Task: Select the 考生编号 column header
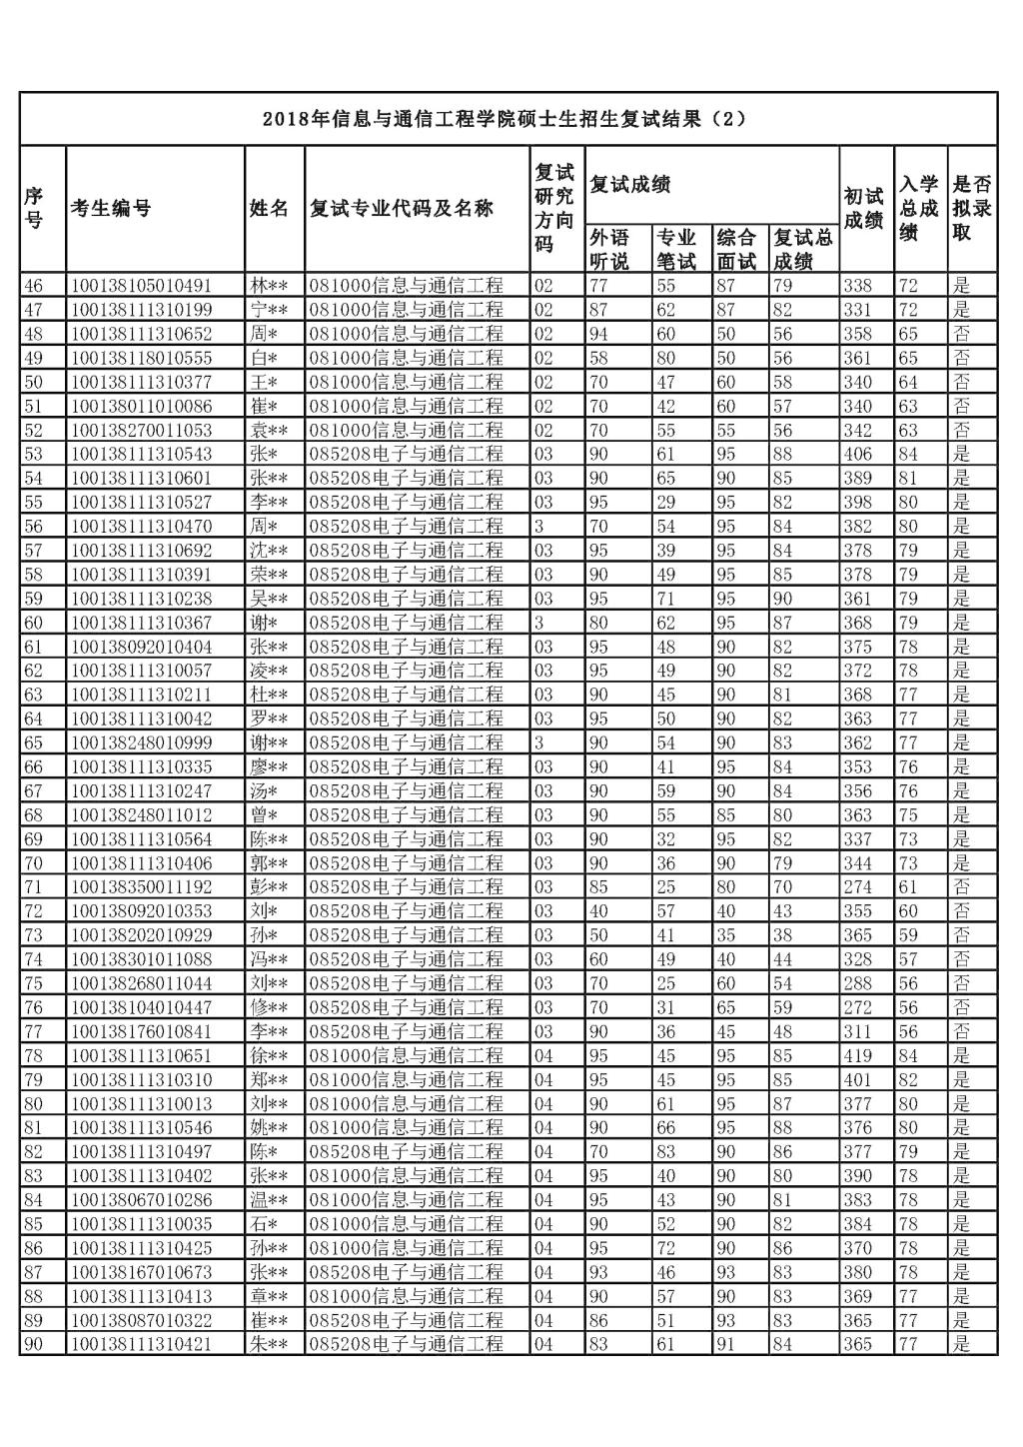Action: click(111, 209)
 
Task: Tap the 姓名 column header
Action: click(269, 209)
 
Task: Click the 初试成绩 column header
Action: click(864, 209)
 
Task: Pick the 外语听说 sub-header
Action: click(609, 250)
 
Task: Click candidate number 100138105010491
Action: click(141, 286)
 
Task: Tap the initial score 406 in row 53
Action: click(857, 454)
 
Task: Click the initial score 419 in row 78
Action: click(857, 1055)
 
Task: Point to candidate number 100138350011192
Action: click(141, 887)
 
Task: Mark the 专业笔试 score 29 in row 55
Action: click(665, 502)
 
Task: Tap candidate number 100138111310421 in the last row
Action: click(141, 1344)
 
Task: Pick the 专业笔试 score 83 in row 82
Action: click(665, 1152)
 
